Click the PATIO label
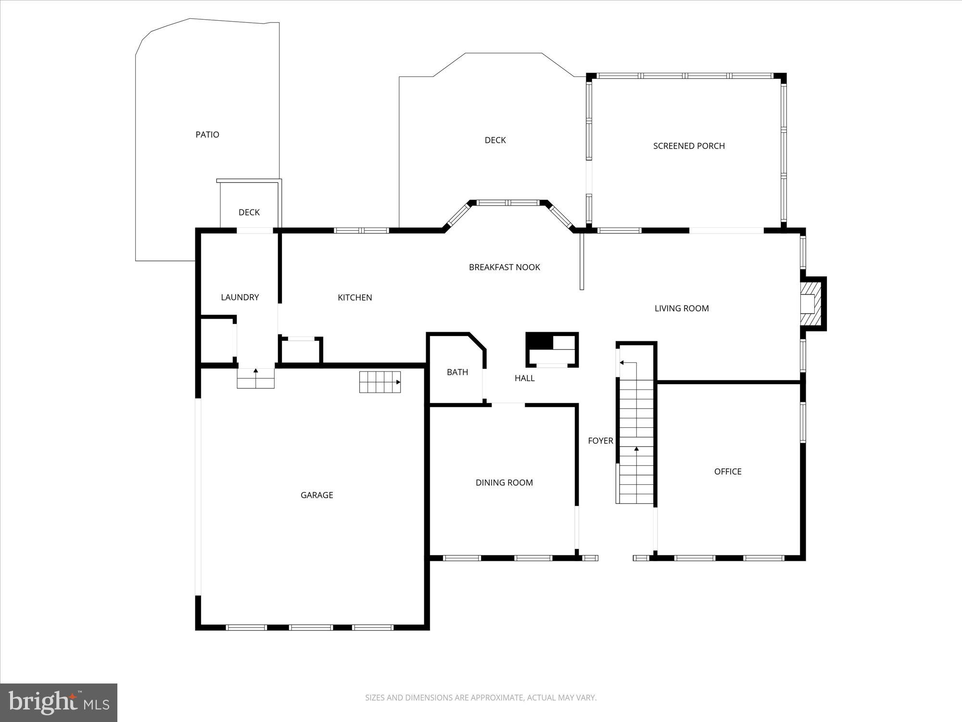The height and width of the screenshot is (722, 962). point(207,135)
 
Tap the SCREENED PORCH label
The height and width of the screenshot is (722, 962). point(689,146)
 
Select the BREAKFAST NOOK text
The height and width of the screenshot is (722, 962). point(505,267)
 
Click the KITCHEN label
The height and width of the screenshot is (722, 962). point(355,297)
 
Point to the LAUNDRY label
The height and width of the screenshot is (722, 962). point(240,297)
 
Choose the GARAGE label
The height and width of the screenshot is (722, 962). point(317,495)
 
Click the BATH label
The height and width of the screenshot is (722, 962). point(457,372)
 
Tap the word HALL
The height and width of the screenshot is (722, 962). point(525,378)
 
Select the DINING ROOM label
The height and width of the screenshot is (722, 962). point(504,483)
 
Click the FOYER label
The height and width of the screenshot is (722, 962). point(600,441)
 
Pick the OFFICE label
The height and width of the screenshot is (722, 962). point(728,472)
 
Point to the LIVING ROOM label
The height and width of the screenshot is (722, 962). point(682,309)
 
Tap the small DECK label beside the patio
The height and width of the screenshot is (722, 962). point(249,212)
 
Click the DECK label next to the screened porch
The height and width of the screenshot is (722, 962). point(495,140)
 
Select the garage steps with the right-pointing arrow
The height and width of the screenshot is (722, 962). point(380,382)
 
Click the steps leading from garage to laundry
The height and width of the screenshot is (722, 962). point(255,378)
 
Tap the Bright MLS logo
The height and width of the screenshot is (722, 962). point(59,702)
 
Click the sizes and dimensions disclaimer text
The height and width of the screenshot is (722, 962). point(481,697)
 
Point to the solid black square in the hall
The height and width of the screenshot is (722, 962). point(540,341)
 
